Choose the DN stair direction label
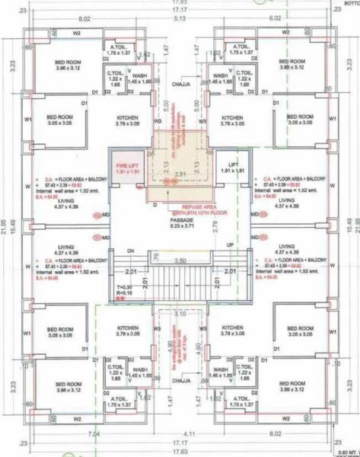coord(130,251)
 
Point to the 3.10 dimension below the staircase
coord(180,313)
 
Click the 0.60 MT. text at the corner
coord(347,452)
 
